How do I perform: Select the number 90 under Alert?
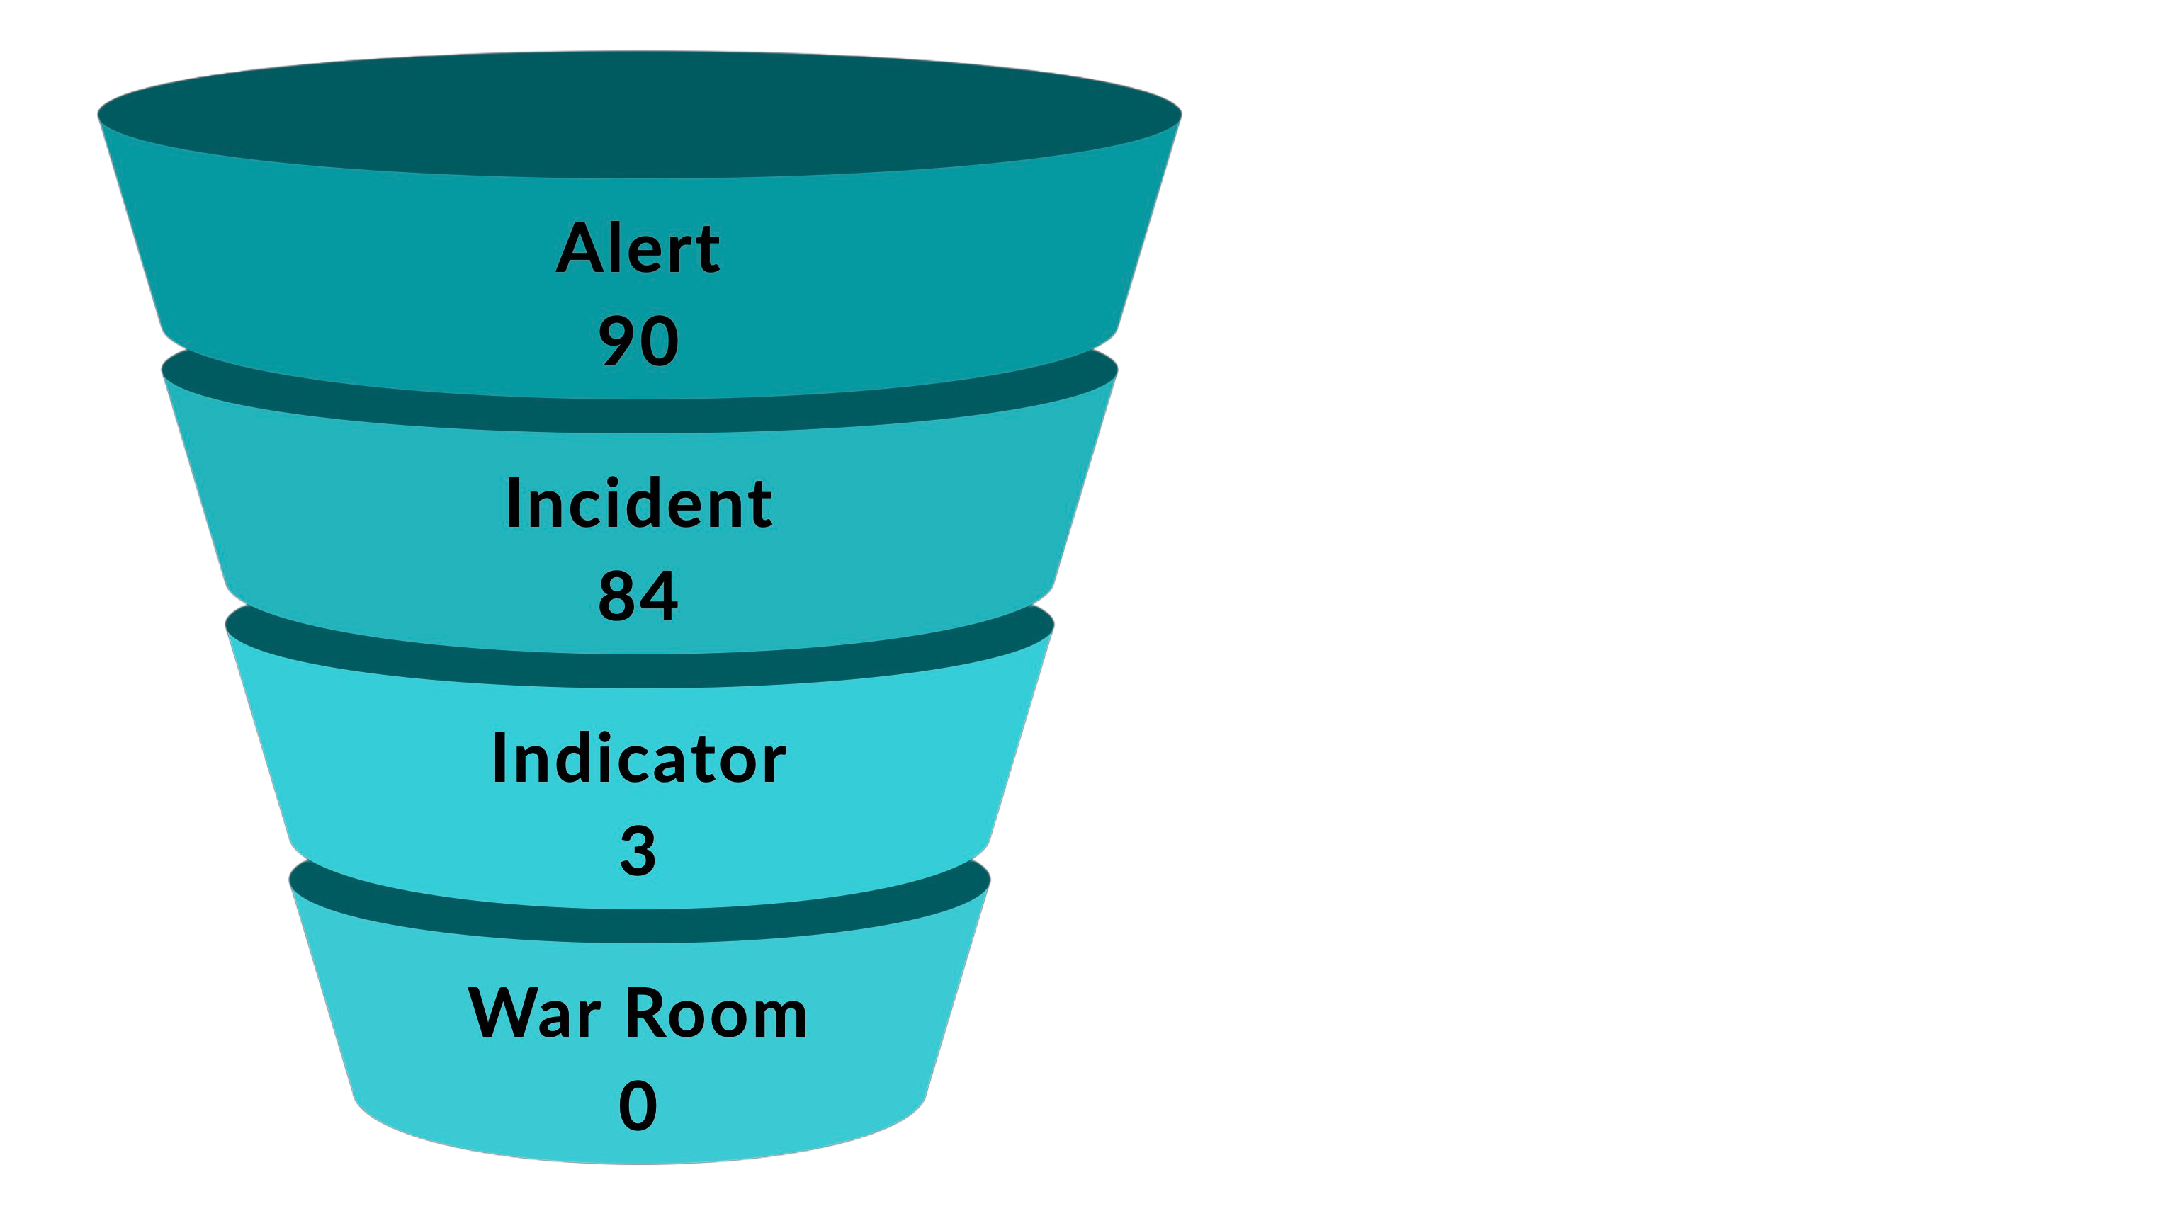638,341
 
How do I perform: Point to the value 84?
638,596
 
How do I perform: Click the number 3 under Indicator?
638,851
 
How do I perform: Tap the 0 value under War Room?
638,1107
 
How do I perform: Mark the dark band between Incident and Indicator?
639,670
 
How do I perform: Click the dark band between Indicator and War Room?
639,924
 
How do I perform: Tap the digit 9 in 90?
617,341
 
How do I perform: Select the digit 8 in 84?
617,596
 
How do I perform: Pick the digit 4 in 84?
660,596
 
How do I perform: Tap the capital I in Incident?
514,504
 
